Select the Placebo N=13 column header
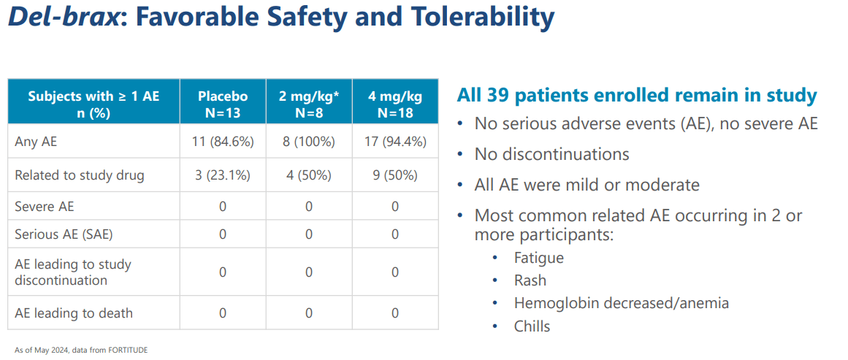223,104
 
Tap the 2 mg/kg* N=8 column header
308,104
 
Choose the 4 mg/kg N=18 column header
395,104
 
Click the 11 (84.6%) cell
223,142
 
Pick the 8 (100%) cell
308,142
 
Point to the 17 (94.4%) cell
395,142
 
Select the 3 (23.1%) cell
223,175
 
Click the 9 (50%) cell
395,175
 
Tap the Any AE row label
36,142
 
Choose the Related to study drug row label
80,175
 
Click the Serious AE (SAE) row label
64,234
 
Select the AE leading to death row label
74,313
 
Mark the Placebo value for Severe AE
223,207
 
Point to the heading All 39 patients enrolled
636,96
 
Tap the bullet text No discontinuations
551,154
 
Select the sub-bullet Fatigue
538,258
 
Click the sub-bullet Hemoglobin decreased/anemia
621,303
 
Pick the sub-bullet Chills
532,326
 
